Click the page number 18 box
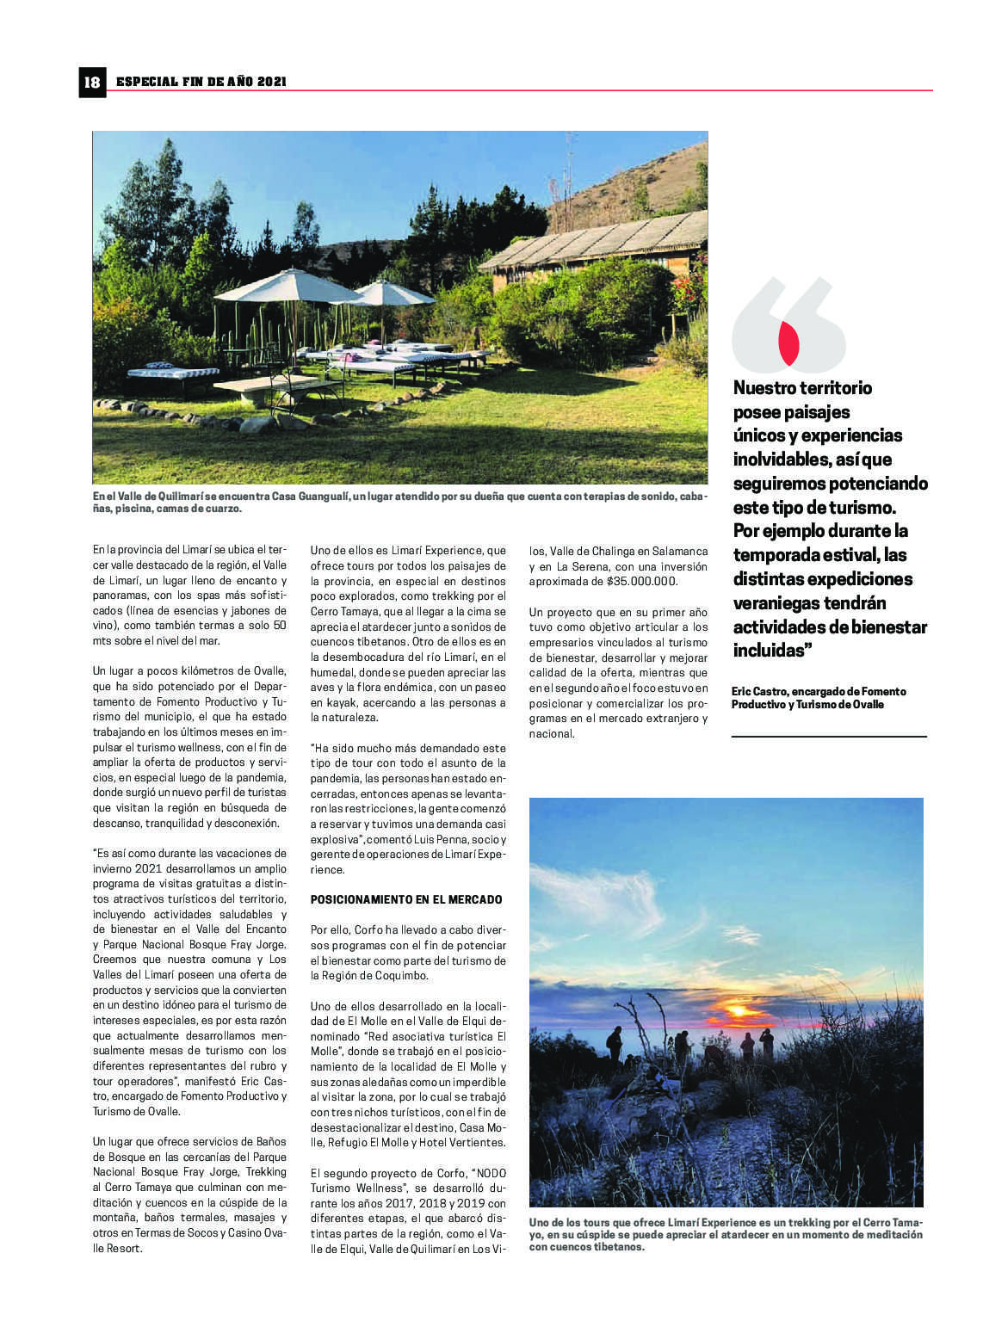(x=92, y=82)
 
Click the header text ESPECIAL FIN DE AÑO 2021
(x=201, y=82)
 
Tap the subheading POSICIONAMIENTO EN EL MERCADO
(x=406, y=899)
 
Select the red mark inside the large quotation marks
(x=788, y=342)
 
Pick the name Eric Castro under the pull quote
(x=760, y=691)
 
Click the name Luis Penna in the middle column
(x=436, y=839)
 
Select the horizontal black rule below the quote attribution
(x=829, y=736)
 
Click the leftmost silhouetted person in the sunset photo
(x=615, y=1043)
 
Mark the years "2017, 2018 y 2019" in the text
(x=424, y=1203)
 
